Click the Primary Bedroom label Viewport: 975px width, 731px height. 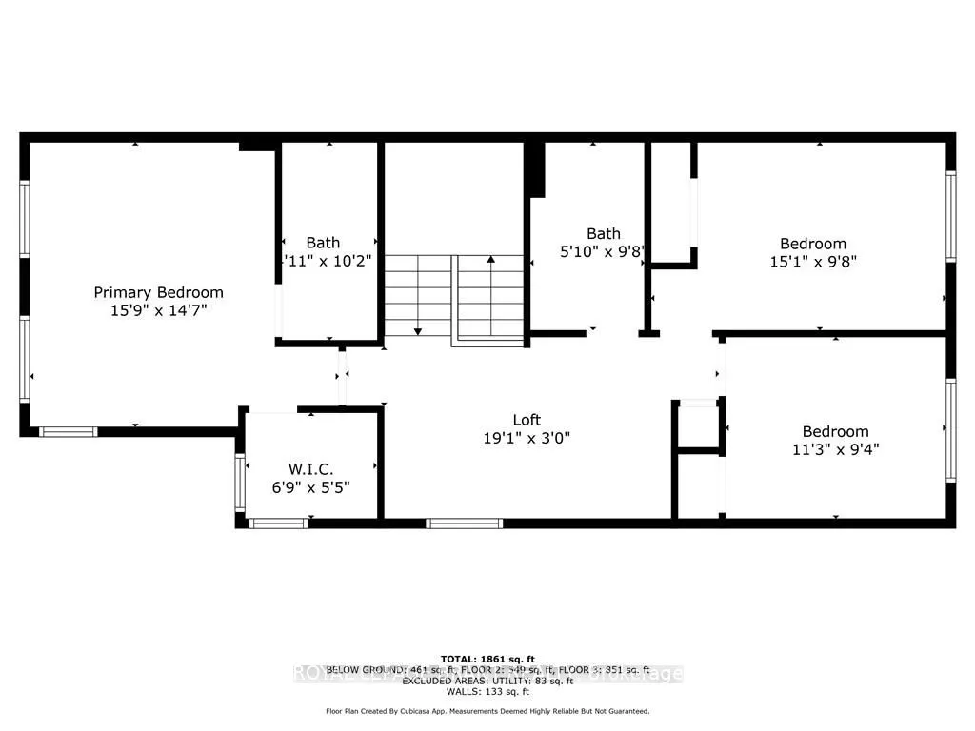(158, 292)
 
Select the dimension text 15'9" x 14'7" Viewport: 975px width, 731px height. (158, 310)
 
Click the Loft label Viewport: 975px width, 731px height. (527, 420)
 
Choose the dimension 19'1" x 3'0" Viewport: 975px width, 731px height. (527, 438)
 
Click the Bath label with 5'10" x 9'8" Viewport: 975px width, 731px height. (603, 233)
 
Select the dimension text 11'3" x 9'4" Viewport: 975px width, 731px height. (834, 449)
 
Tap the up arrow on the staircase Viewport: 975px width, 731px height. (491, 258)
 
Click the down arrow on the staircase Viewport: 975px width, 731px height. (417, 330)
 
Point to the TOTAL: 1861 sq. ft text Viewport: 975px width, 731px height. (487, 659)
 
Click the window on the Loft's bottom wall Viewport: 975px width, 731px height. (464, 523)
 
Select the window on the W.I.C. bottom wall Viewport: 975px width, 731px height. (278, 523)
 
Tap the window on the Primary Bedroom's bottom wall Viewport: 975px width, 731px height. (69, 432)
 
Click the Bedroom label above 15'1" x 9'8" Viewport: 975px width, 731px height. (813, 244)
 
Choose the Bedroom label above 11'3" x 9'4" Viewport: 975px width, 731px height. (834, 431)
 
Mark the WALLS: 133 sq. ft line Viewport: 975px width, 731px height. (487, 690)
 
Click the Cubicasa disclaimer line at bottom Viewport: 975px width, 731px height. (487, 711)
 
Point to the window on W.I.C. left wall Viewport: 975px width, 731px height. (239, 484)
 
